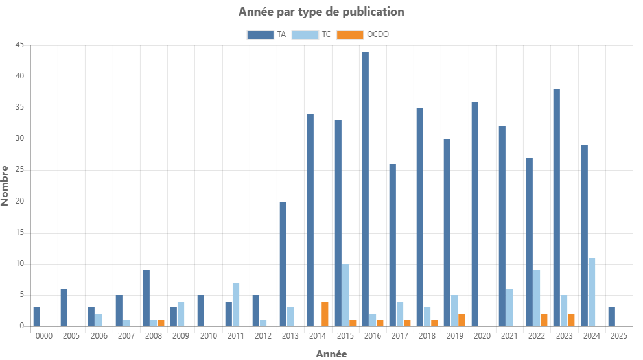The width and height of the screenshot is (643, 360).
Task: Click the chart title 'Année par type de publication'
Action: coord(321,12)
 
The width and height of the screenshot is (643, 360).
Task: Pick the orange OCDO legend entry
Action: coord(366,34)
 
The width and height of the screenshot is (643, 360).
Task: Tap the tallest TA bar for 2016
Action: coord(365,189)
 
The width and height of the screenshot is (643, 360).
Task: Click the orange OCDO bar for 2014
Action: coord(325,313)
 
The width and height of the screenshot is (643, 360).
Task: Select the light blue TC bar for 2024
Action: coord(591,291)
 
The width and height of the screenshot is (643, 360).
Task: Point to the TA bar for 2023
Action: coord(556,207)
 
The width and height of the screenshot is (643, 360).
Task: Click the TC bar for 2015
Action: coord(345,294)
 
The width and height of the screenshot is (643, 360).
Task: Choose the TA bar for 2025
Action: coord(611,317)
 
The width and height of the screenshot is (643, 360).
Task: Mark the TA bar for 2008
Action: coord(146,298)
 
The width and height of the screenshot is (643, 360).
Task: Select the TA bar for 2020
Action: coord(474,213)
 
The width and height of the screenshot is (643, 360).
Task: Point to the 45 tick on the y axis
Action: coord(19,45)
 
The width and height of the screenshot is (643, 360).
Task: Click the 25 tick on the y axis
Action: coord(19,169)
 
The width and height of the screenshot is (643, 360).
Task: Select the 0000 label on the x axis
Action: coord(44,336)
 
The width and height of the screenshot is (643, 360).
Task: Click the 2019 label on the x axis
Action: coord(454,336)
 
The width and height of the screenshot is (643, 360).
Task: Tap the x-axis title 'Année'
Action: coord(331,354)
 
